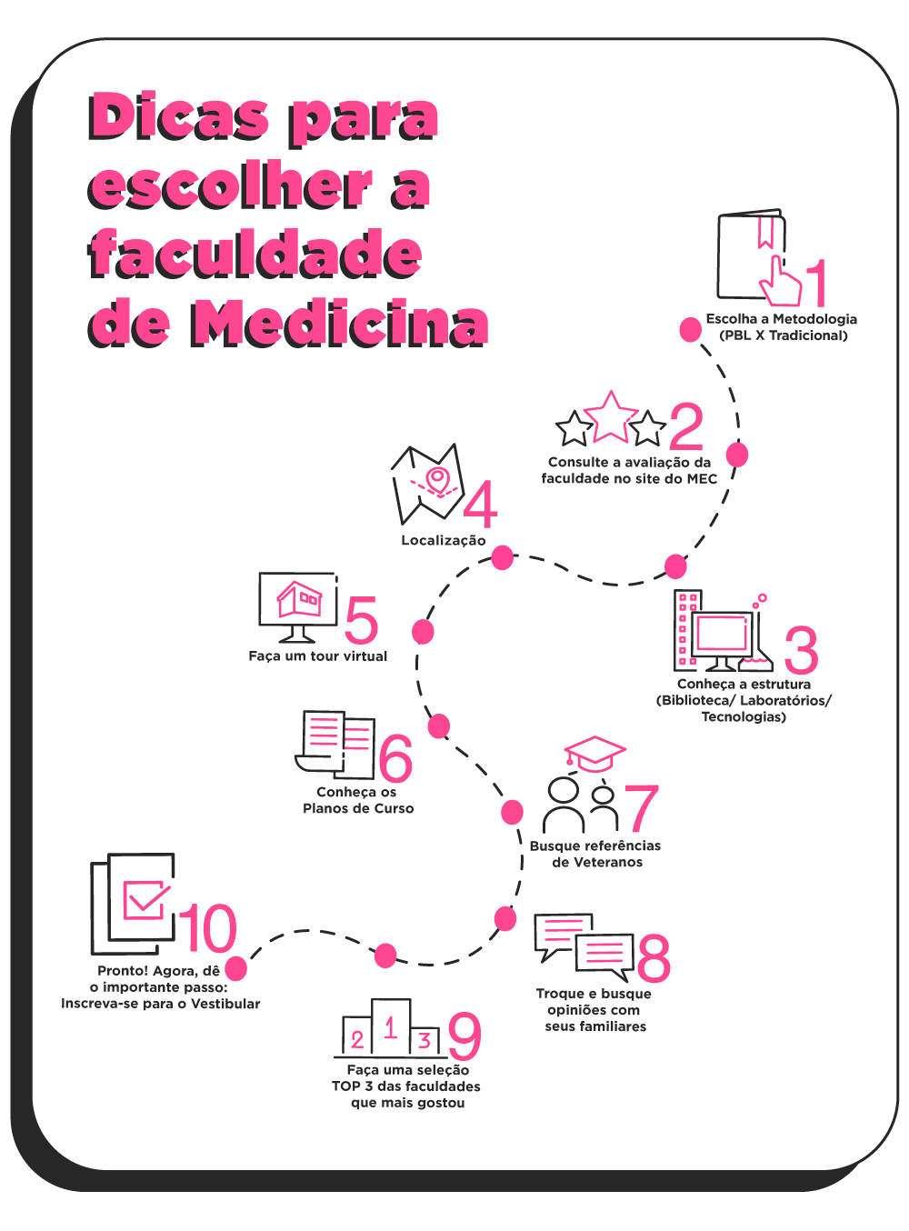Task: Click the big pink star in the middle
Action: click(x=611, y=418)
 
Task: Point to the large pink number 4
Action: click(x=480, y=505)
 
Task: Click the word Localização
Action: click(x=443, y=541)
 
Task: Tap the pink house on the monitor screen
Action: click(x=299, y=599)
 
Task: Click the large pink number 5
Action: click(x=361, y=619)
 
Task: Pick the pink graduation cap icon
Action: click(x=594, y=755)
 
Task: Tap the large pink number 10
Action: click(x=207, y=928)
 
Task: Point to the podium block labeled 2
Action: click(x=357, y=1036)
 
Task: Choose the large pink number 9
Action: click(x=464, y=1036)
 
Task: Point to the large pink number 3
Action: click(x=801, y=650)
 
